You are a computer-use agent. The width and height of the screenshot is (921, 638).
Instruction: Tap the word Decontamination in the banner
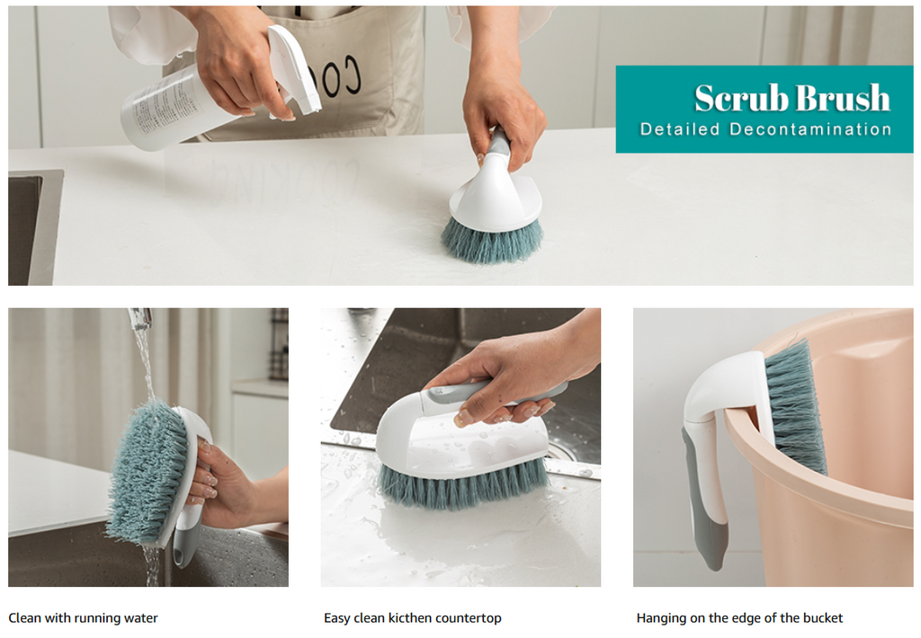point(810,129)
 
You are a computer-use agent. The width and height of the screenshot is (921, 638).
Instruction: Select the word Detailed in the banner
point(680,129)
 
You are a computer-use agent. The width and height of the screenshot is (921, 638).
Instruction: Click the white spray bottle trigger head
point(295,69)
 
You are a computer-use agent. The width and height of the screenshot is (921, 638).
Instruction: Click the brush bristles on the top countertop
point(492,241)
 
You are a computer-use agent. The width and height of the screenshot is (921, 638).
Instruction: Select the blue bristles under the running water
point(147,471)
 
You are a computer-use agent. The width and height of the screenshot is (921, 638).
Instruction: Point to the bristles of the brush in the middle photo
point(464,485)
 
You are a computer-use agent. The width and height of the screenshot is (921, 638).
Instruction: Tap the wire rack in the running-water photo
point(279,343)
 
